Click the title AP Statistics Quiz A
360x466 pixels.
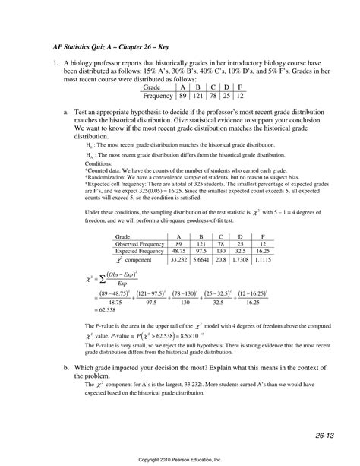point(100,46)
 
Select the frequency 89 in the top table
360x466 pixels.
point(182,97)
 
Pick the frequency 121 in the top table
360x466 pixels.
point(200,97)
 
